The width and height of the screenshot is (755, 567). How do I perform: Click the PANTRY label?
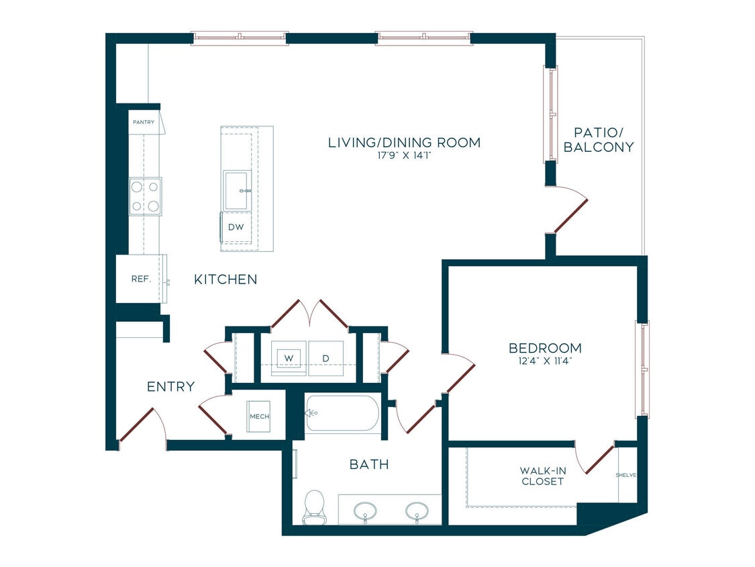[x=144, y=122]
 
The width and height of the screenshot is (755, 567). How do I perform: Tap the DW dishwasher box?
[x=236, y=227]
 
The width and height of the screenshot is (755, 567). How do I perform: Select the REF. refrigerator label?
[x=140, y=279]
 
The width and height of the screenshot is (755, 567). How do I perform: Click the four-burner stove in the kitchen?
[x=145, y=196]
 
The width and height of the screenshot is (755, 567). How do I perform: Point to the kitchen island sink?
[x=237, y=190]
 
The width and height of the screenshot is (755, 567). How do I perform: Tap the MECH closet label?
[x=259, y=417]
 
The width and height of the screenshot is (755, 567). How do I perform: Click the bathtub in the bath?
[x=342, y=413]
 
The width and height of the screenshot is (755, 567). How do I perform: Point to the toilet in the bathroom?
[x=313, y=506]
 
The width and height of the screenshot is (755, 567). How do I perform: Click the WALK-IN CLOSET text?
[x=542, y=476]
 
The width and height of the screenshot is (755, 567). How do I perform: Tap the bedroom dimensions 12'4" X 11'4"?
[x=544, y=361]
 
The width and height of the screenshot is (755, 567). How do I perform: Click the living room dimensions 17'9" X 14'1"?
[x=404, y=155]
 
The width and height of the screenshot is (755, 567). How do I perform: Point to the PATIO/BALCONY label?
[x=599, y=140]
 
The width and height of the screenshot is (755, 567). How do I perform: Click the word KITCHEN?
[x=225, y=279]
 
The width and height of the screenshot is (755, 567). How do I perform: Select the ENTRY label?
[x=171, y=387]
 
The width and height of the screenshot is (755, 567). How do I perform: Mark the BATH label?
[x=369, y=464]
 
